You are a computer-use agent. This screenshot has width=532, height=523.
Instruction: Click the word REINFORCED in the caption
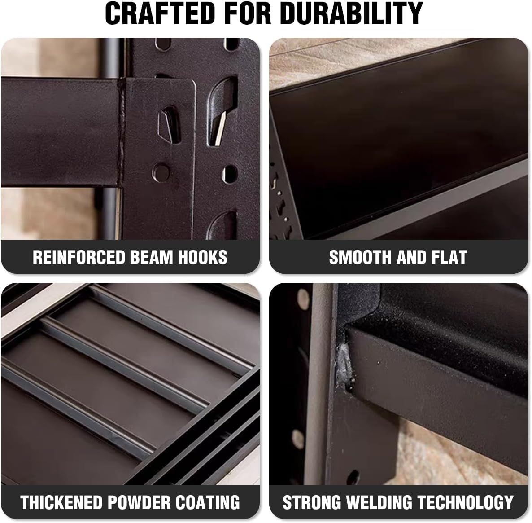point(79,257)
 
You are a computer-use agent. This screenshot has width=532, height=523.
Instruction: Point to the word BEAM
point(153,257)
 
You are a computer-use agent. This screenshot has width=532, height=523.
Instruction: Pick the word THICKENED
point(61,502)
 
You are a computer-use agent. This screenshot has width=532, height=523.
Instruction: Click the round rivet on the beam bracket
point(161,171)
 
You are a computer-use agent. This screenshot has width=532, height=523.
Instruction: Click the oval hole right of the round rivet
point(230,174)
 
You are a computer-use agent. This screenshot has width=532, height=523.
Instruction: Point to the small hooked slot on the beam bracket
point(169,123)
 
